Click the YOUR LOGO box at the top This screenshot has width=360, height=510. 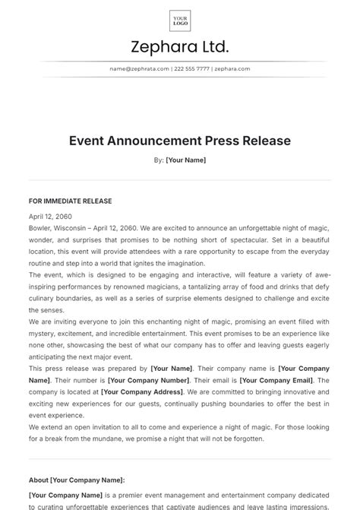[x=180, y=21]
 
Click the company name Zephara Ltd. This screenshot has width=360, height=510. [x=180, y=47]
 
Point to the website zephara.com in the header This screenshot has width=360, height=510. [x=232, y=68]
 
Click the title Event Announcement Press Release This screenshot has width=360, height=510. [x=180, y=141]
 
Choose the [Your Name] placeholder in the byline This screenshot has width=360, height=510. [x=186, y=160]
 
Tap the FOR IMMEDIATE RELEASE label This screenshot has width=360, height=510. [x=70, y=201]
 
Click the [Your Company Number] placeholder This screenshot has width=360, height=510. [x=148, y=380]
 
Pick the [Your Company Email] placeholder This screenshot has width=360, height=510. [x=276, y=380]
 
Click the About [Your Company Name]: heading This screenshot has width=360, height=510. [x=77, y=480]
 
